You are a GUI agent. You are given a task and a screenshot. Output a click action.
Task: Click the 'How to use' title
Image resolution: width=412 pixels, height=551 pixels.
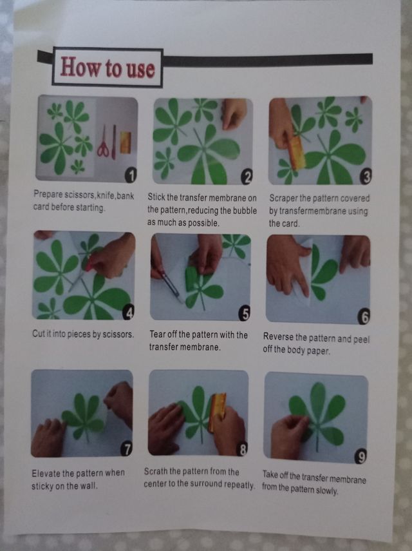(108, 67)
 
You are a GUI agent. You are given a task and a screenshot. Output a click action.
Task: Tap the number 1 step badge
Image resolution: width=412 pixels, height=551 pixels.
(131, 175)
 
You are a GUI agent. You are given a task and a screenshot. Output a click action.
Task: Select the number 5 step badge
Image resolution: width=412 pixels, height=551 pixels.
(244, 313)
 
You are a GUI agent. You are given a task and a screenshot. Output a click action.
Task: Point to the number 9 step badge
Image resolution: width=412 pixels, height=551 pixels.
(360, 456)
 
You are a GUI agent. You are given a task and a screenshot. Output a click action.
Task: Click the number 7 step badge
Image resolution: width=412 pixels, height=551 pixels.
(126, 449)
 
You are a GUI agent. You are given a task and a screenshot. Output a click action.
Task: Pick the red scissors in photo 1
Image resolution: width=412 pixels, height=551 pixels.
(103, 143)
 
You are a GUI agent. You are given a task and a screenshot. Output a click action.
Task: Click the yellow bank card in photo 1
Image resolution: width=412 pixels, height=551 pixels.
(126, 142)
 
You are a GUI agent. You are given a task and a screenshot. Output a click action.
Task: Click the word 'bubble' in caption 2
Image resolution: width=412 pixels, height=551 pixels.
(245, 210)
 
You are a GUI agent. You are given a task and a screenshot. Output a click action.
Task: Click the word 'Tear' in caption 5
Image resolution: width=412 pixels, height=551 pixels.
(157, 334)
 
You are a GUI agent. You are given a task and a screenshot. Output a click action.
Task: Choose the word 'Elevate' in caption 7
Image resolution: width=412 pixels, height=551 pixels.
(46, 473)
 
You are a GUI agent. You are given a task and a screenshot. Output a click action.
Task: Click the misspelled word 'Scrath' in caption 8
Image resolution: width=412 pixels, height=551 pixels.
(155, 471)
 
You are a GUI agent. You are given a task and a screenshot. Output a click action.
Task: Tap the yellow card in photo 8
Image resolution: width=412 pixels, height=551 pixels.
(216, 412)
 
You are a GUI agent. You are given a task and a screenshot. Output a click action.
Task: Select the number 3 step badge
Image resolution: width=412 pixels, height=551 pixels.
(365, 177)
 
